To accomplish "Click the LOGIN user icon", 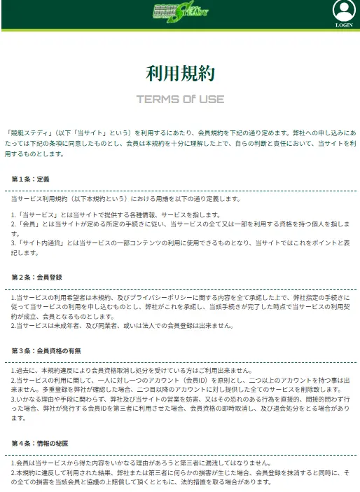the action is (343, 11).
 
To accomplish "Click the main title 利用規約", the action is (180, 73).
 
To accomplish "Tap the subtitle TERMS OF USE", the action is (180, 98).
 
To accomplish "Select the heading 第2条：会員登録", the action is (36, 278).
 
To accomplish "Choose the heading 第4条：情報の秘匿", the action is (39, 443).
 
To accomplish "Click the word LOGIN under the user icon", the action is (344, 25).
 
